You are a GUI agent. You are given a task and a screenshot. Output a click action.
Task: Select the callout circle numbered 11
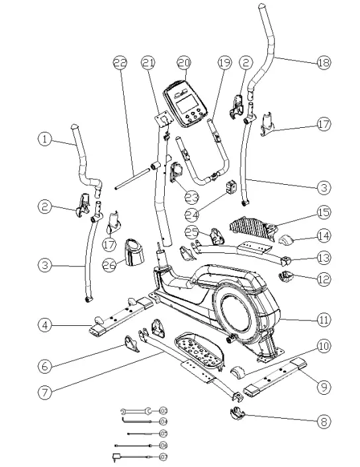pyautogui.click(x=322, y=320)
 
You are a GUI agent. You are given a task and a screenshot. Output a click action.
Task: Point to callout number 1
pyautogui.click(x=44, y=139)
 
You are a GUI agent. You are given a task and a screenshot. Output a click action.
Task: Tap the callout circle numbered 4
pyautogui.click(x=44, y=325)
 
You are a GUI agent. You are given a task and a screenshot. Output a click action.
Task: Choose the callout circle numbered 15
pyautogui.click(x=322, y=214)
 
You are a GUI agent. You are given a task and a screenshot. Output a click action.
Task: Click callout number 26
pyautogui.click(x=110, y=265)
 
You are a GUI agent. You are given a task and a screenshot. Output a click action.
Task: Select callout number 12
pyautogui.click(x=322, y=279)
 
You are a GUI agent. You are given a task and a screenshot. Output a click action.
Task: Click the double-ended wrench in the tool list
pyautogui.click(x=136, y=411)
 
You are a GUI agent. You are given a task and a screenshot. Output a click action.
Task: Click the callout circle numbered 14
pyautogui.click(x=322, y=234)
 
